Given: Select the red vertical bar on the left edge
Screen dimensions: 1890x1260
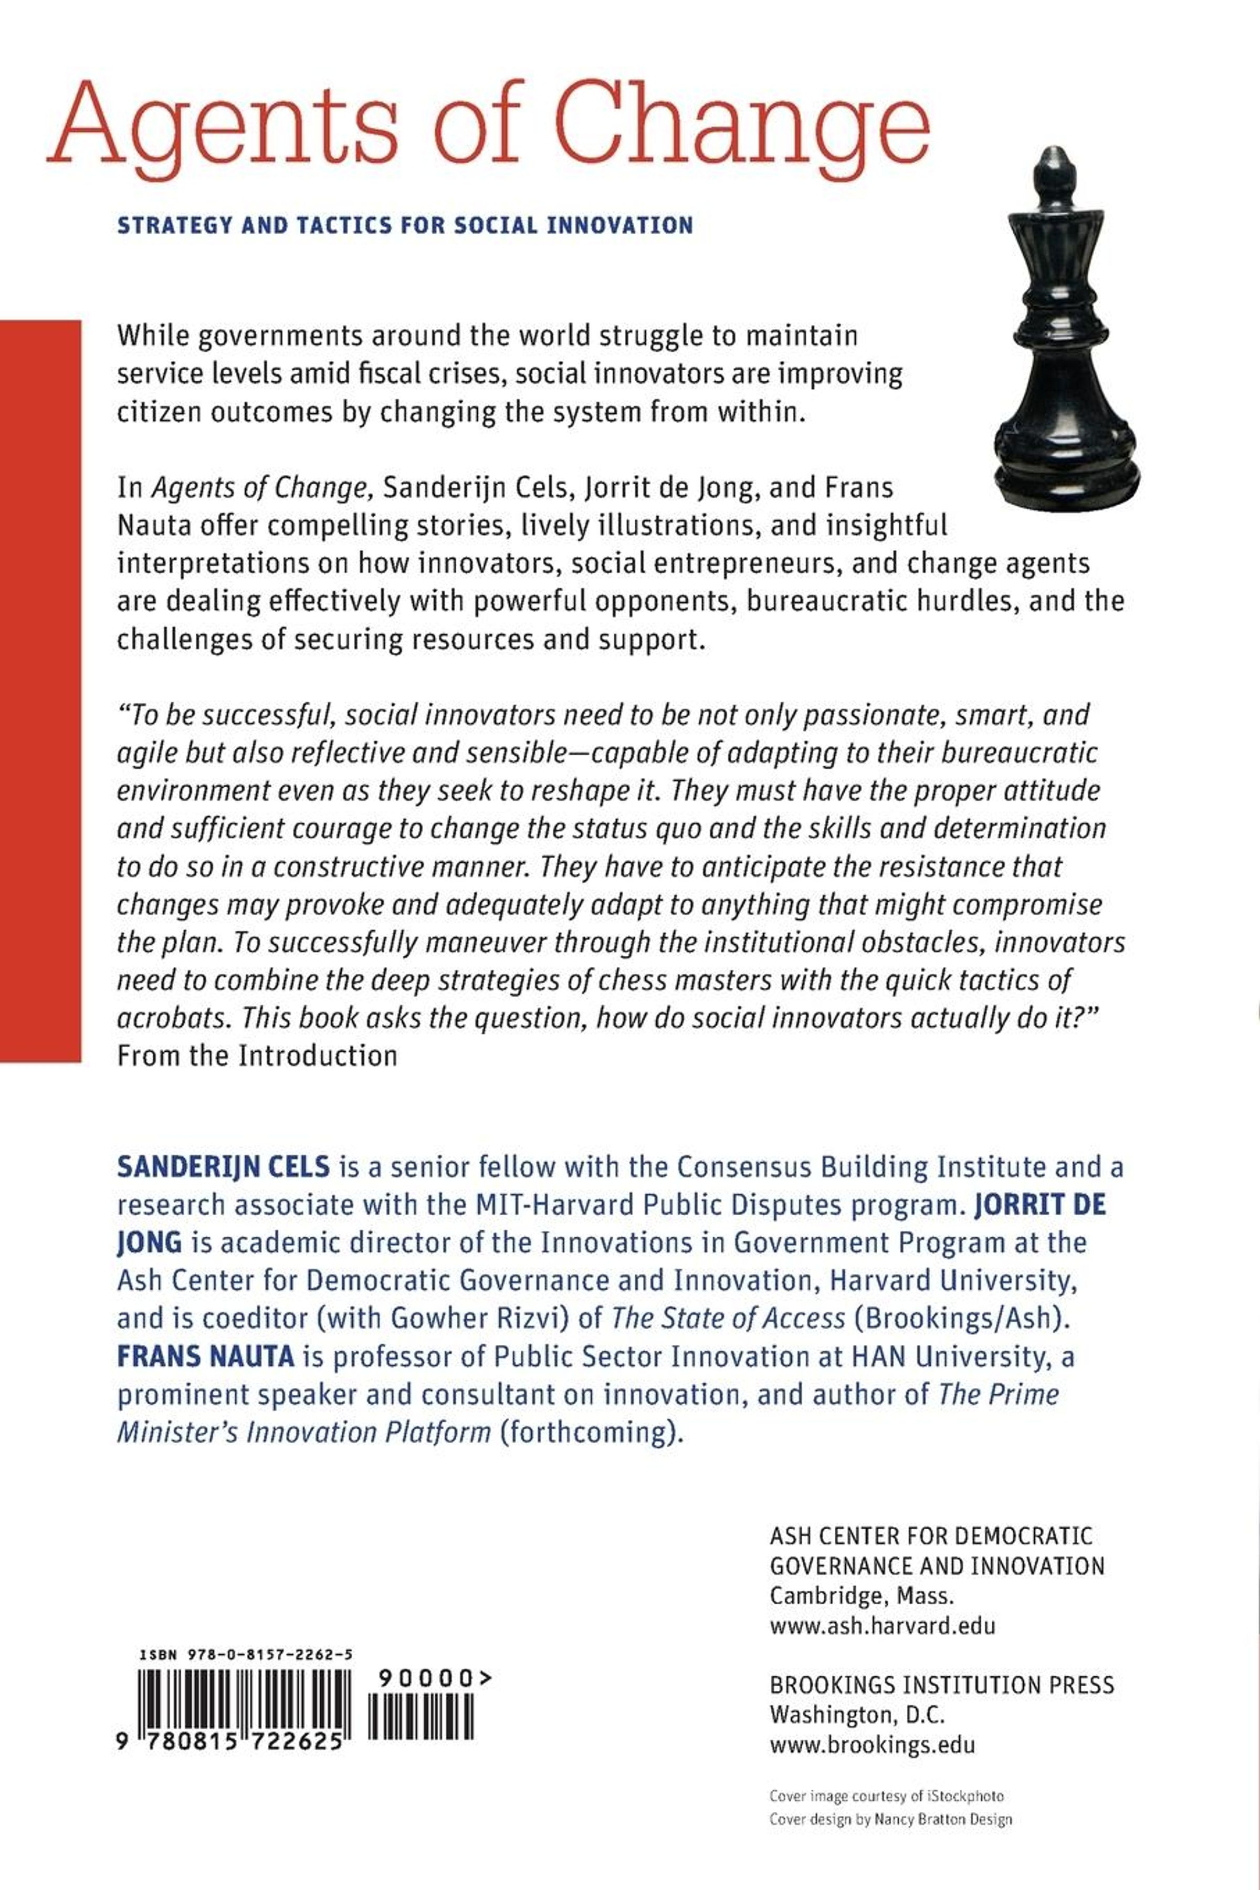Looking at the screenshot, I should tap(40, 691).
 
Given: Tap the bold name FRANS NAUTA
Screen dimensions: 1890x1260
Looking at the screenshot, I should tap(206, 1356).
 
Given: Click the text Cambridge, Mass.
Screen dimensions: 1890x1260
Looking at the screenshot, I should tap(860, 1596).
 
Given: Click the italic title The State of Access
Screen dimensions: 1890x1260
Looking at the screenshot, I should tap(728, 1319).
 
